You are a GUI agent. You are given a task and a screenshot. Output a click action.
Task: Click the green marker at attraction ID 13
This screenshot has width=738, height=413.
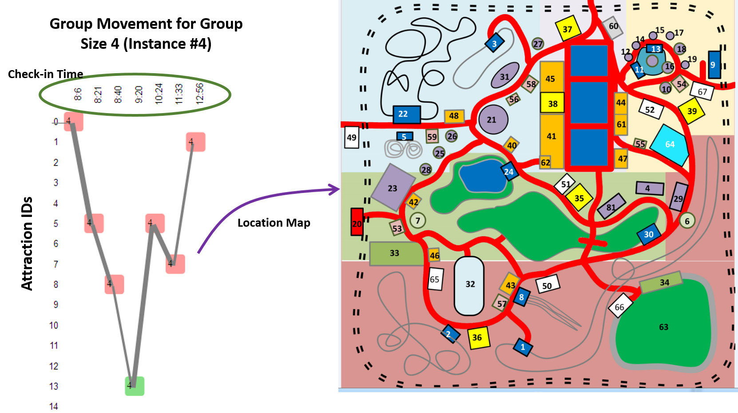(x=135, y=385)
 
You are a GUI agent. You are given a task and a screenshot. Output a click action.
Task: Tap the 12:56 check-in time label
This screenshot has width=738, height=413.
(x=200, y=93)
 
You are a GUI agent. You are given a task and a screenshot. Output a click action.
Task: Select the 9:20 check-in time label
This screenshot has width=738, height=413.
(x=139, y=94)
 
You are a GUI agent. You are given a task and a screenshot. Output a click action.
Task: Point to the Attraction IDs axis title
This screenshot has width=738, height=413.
(x=27, y=243)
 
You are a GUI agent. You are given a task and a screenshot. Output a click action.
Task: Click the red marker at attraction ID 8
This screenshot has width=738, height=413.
(x=114, y=284)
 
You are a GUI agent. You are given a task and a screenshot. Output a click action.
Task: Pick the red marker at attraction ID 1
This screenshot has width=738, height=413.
(x=196, y=142)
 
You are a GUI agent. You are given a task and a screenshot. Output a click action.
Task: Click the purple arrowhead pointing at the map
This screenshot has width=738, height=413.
(x=334, y=189)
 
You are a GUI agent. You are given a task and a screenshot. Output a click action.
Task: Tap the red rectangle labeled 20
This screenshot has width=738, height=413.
(x=357, y=222)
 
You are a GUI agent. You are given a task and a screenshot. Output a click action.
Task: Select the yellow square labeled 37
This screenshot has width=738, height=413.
(x=568, y=28)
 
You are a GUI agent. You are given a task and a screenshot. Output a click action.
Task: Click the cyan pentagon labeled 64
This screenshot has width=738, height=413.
(x=670, y=145)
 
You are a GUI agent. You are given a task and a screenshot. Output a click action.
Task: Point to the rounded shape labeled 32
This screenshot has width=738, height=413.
(x=469, y=286)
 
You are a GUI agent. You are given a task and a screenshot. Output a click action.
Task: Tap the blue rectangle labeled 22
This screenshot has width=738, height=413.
(x=406, y=114)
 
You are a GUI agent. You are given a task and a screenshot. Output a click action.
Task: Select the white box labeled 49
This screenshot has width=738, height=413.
(x=352, y=138)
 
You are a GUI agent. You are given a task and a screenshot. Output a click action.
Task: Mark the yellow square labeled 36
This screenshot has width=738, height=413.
(x=479, y=338)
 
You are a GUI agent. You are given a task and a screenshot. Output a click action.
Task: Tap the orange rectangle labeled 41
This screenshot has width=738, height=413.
(x=552, y=136)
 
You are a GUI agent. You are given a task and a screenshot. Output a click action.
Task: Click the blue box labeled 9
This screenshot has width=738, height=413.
(x=714, y=65)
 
